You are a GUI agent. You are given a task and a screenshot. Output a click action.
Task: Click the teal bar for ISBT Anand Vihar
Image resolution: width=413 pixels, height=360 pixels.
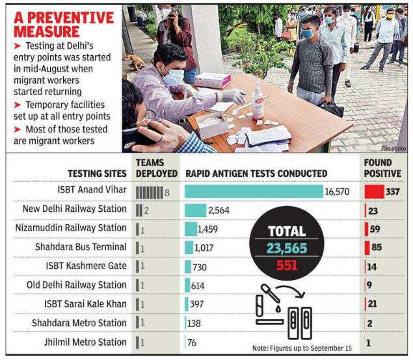click(x=254, y=191)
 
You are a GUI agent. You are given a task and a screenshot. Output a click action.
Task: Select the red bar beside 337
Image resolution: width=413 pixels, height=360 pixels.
click(x=374, y=192)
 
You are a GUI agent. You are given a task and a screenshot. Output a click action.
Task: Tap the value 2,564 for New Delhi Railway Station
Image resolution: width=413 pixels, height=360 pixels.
click(x=219, y=211)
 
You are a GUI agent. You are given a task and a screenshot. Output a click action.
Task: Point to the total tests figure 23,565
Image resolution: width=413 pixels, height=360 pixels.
click(x=287, y=248)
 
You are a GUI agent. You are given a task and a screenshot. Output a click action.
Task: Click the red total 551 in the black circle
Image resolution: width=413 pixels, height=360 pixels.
click(x=287, y=265)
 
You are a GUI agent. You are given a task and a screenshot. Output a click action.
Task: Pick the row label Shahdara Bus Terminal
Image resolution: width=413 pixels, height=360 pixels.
click(x=81, y=247)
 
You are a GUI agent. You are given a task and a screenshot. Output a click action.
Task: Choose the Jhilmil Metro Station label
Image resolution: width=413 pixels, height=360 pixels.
click(x=85, y=342)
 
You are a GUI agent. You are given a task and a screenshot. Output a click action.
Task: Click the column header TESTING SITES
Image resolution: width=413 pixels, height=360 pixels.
click(x=97, y=174)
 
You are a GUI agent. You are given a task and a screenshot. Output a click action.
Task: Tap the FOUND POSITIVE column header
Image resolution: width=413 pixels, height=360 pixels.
click(x=382, y=168)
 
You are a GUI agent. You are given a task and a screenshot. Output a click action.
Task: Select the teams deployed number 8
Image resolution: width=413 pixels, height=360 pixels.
click(x=167, y=193)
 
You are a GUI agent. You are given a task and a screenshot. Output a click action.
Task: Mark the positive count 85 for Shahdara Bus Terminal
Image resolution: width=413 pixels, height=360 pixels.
click(x=377, y=247)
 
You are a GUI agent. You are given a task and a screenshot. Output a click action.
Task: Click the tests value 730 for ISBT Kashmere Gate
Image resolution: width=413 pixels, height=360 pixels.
click(x=200, y=267)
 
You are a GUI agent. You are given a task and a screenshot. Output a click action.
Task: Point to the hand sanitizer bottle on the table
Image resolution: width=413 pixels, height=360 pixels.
click(x=258, y=101)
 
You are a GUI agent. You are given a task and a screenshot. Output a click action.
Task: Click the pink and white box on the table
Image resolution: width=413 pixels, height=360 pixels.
click(x=213, y=80)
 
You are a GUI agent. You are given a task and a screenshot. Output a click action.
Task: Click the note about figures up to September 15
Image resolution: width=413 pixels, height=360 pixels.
click(x=302, y=348)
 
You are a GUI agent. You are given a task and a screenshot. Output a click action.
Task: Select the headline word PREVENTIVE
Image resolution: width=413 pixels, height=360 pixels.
click(x=71, y=18)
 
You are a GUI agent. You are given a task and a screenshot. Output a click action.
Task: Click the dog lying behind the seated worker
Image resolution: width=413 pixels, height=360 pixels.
click(x=135, y=62)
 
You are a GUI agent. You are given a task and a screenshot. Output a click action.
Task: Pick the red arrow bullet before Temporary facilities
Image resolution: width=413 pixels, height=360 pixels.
click(x=18, y=105)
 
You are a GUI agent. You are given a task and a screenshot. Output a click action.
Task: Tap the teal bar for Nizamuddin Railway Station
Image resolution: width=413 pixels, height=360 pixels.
click(x=191, y=229)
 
